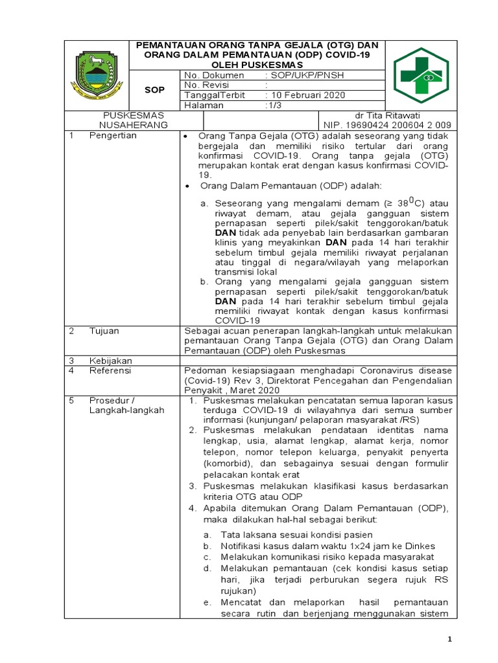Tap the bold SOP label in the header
point(154,90)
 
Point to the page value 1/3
point(276,105)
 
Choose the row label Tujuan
point(104,331)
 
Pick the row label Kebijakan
point(110,360)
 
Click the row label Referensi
point(110,370)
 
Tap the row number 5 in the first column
point(73,400)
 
